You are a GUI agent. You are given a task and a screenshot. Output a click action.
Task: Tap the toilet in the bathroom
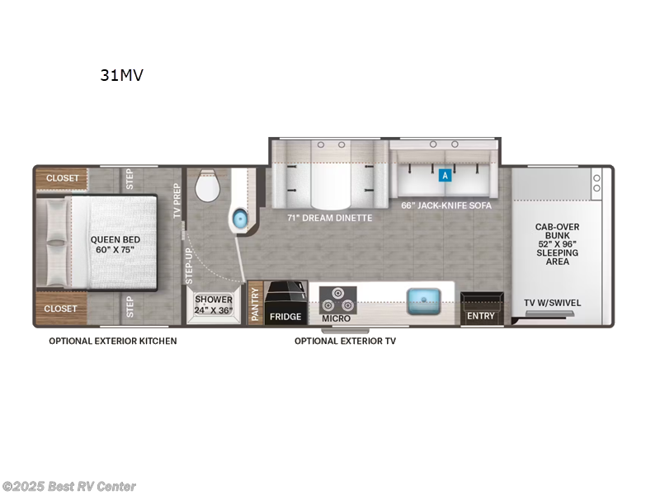(x=206, y=188)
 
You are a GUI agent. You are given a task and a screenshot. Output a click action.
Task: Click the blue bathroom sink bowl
(x=239, y=219)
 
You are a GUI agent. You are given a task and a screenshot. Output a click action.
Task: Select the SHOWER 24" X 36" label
(x=214, y=304)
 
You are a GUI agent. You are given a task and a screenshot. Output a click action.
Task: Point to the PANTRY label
(x=255, y=304)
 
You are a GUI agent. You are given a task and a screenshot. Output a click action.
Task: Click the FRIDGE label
(x=285, y=316)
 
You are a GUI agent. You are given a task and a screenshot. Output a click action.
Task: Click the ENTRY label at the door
(x=481, y=316)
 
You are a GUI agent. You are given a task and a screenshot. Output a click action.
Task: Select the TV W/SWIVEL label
(x=553, y=303)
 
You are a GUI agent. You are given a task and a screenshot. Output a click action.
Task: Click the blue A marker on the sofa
(x=445, y=175)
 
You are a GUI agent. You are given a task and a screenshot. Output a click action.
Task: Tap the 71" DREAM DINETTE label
(x=329, y=218)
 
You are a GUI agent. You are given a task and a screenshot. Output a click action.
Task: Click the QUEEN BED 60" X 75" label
(x=115, y=244)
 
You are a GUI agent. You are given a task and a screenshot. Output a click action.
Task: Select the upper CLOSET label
(x=63, y=178)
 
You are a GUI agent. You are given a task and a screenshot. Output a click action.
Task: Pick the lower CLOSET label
(x=61, y=309)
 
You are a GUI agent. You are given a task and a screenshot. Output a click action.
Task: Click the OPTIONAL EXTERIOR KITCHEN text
(x=112, y=341)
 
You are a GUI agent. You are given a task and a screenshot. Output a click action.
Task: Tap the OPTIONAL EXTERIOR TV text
(x=345, y=341)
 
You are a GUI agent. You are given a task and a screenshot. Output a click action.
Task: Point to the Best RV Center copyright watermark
(x=69, y=487)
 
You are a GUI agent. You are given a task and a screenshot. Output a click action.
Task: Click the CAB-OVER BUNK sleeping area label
(x=558, y=243)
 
